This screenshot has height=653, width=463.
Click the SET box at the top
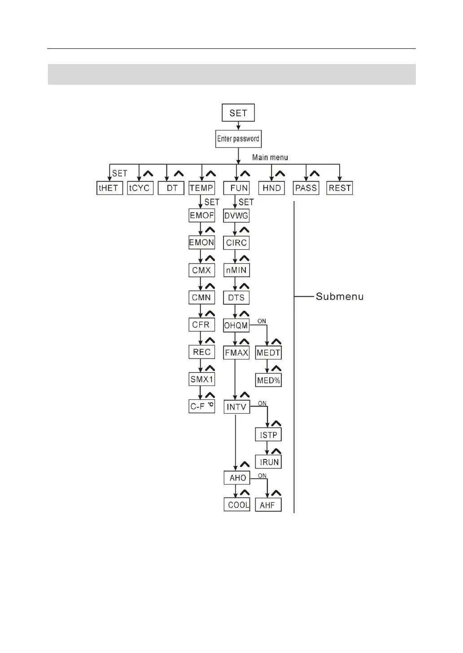click(238, 113)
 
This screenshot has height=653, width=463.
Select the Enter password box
click(238, 139)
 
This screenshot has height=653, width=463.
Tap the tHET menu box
click(109, 188)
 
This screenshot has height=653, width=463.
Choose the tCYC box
click(139, 188)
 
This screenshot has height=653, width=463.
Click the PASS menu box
click(306, 188)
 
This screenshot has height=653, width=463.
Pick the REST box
click(340, 188)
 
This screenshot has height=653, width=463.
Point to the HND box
click(271, 188)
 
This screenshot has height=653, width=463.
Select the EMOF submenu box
click(202, 215)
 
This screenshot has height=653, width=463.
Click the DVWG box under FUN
click(236, 216)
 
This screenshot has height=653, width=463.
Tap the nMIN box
click(236, 270)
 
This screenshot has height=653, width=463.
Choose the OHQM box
click(236, 325)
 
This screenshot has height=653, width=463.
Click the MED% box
click(269, 381)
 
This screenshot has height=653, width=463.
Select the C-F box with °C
click(202, 407)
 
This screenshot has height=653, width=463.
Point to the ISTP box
click(269, 435)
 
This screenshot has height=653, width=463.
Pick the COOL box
click(237, 505)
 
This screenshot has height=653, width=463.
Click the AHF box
click(268, 505)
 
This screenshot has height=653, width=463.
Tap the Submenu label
click(340, 297)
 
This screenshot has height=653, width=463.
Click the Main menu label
click(270, 157)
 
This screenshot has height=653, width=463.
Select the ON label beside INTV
click(262, 403)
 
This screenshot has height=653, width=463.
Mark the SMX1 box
click(202, 379)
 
